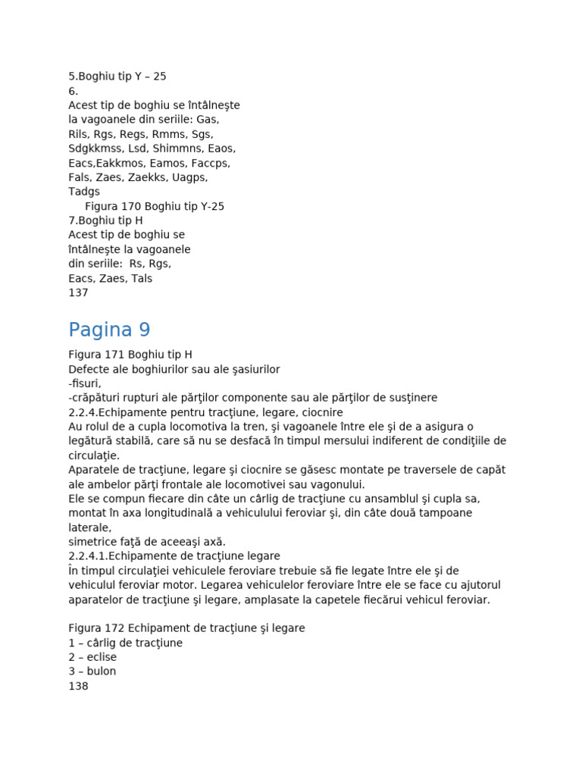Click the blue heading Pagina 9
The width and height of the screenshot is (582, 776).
click(109, 330)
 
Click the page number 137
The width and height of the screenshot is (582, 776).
click(78, 293)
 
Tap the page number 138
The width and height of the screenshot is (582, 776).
click(78, 686)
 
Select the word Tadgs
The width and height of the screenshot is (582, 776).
click(84, 192)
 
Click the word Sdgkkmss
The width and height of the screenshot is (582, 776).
click(96, 149)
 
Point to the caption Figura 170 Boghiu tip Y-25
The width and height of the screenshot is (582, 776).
click(155, 206)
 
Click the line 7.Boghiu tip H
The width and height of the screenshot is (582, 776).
click(105, 221)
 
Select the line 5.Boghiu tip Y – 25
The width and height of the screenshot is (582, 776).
click(117, 77)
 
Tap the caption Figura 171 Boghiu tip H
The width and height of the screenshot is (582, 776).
click(130, 355)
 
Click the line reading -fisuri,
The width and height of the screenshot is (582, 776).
click(84, 383)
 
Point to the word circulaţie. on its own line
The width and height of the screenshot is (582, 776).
click(94, 455)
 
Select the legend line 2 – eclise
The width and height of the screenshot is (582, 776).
click(92, 657)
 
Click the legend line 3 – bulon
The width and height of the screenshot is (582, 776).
click(92, 671)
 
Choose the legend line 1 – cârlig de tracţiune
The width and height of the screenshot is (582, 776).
click(125, 643)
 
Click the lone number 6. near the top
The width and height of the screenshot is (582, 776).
click(74, 91)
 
